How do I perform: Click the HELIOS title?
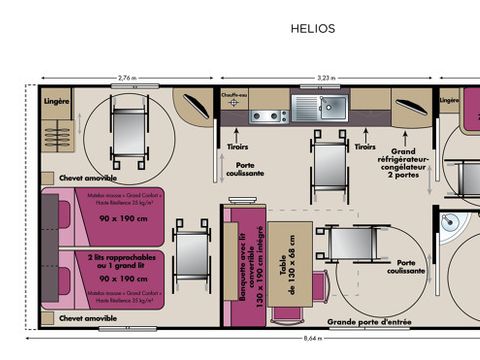pos(313,29)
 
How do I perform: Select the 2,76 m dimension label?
pos(127,77)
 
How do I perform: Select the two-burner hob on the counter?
pos(268,116)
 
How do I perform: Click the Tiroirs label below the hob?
pos(237,145)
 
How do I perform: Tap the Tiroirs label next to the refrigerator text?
pos(364,145)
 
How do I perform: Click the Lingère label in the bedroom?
pos(56,101)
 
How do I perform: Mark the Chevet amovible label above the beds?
pos(88,177)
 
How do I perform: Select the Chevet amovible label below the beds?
pos(88,318)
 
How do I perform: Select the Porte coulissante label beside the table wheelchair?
pos(411,266)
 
